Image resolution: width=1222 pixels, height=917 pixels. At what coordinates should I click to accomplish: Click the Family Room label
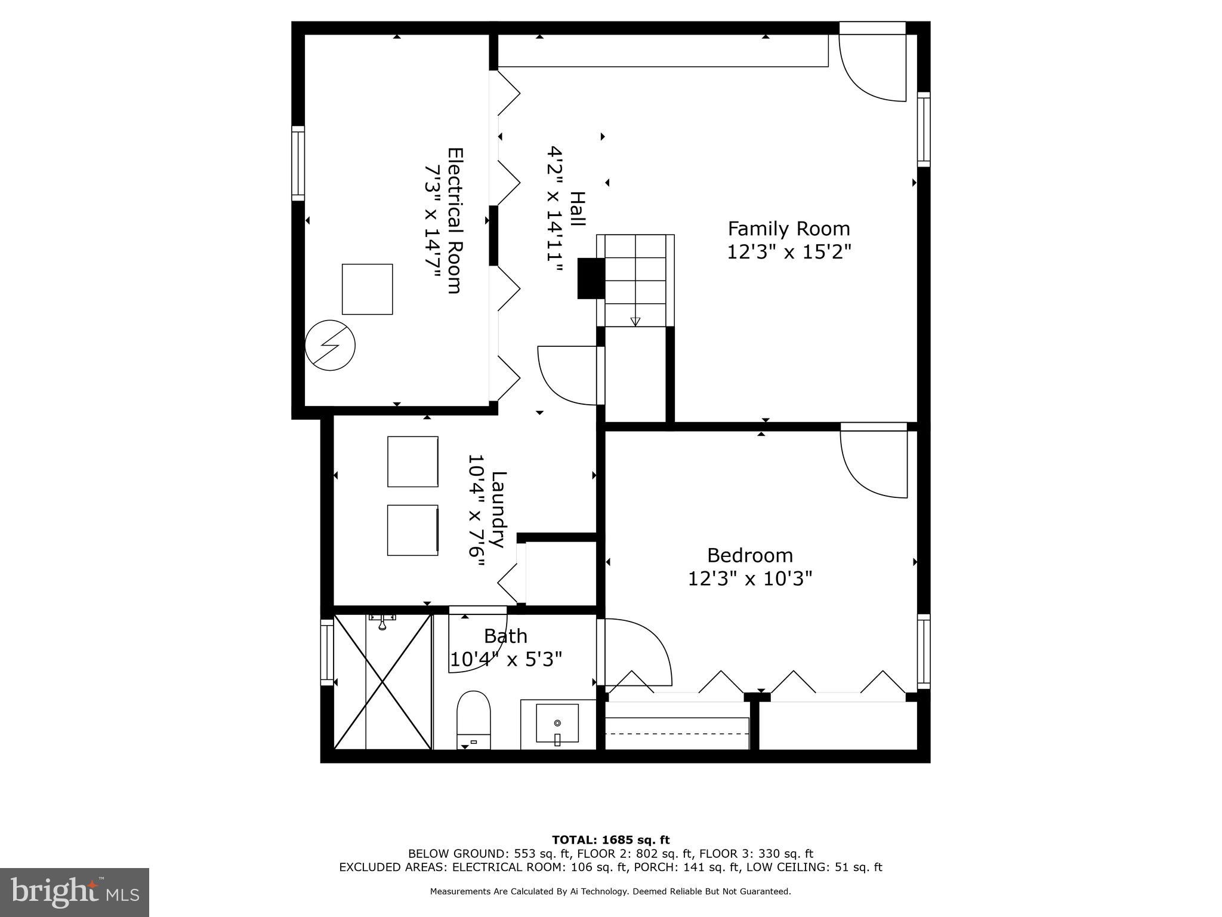pos(788,229)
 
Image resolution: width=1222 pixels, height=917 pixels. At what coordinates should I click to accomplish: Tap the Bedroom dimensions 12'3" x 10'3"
pos(750,578)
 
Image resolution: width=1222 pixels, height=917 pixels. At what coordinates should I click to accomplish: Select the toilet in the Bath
pos(473,719)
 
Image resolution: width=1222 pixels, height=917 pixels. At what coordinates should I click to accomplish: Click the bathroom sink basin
pos(557,723)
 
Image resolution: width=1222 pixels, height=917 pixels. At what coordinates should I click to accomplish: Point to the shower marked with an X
pos(382,681)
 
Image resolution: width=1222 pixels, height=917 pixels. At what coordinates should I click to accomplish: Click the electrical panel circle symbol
pos(330,345)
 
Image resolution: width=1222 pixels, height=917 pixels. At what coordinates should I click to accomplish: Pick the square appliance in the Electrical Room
pos(367,289)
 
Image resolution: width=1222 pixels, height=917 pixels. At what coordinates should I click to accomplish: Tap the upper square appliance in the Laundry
pos(412,461)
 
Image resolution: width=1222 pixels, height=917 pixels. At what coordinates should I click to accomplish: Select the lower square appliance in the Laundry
pos(412,530)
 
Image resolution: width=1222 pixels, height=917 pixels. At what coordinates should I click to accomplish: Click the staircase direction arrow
pos(635,321)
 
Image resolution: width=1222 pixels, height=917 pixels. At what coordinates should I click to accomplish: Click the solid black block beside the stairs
pos(591,278)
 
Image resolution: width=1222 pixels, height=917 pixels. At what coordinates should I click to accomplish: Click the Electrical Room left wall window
pos(298,163)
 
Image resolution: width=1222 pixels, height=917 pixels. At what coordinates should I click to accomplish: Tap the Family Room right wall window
pos(923,129)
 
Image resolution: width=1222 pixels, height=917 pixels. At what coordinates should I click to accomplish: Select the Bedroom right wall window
pos(923,651)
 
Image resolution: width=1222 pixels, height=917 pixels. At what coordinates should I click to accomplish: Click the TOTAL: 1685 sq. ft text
pos(610,840)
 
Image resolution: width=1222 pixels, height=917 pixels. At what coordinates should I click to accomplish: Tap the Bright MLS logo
pos(75,892)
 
